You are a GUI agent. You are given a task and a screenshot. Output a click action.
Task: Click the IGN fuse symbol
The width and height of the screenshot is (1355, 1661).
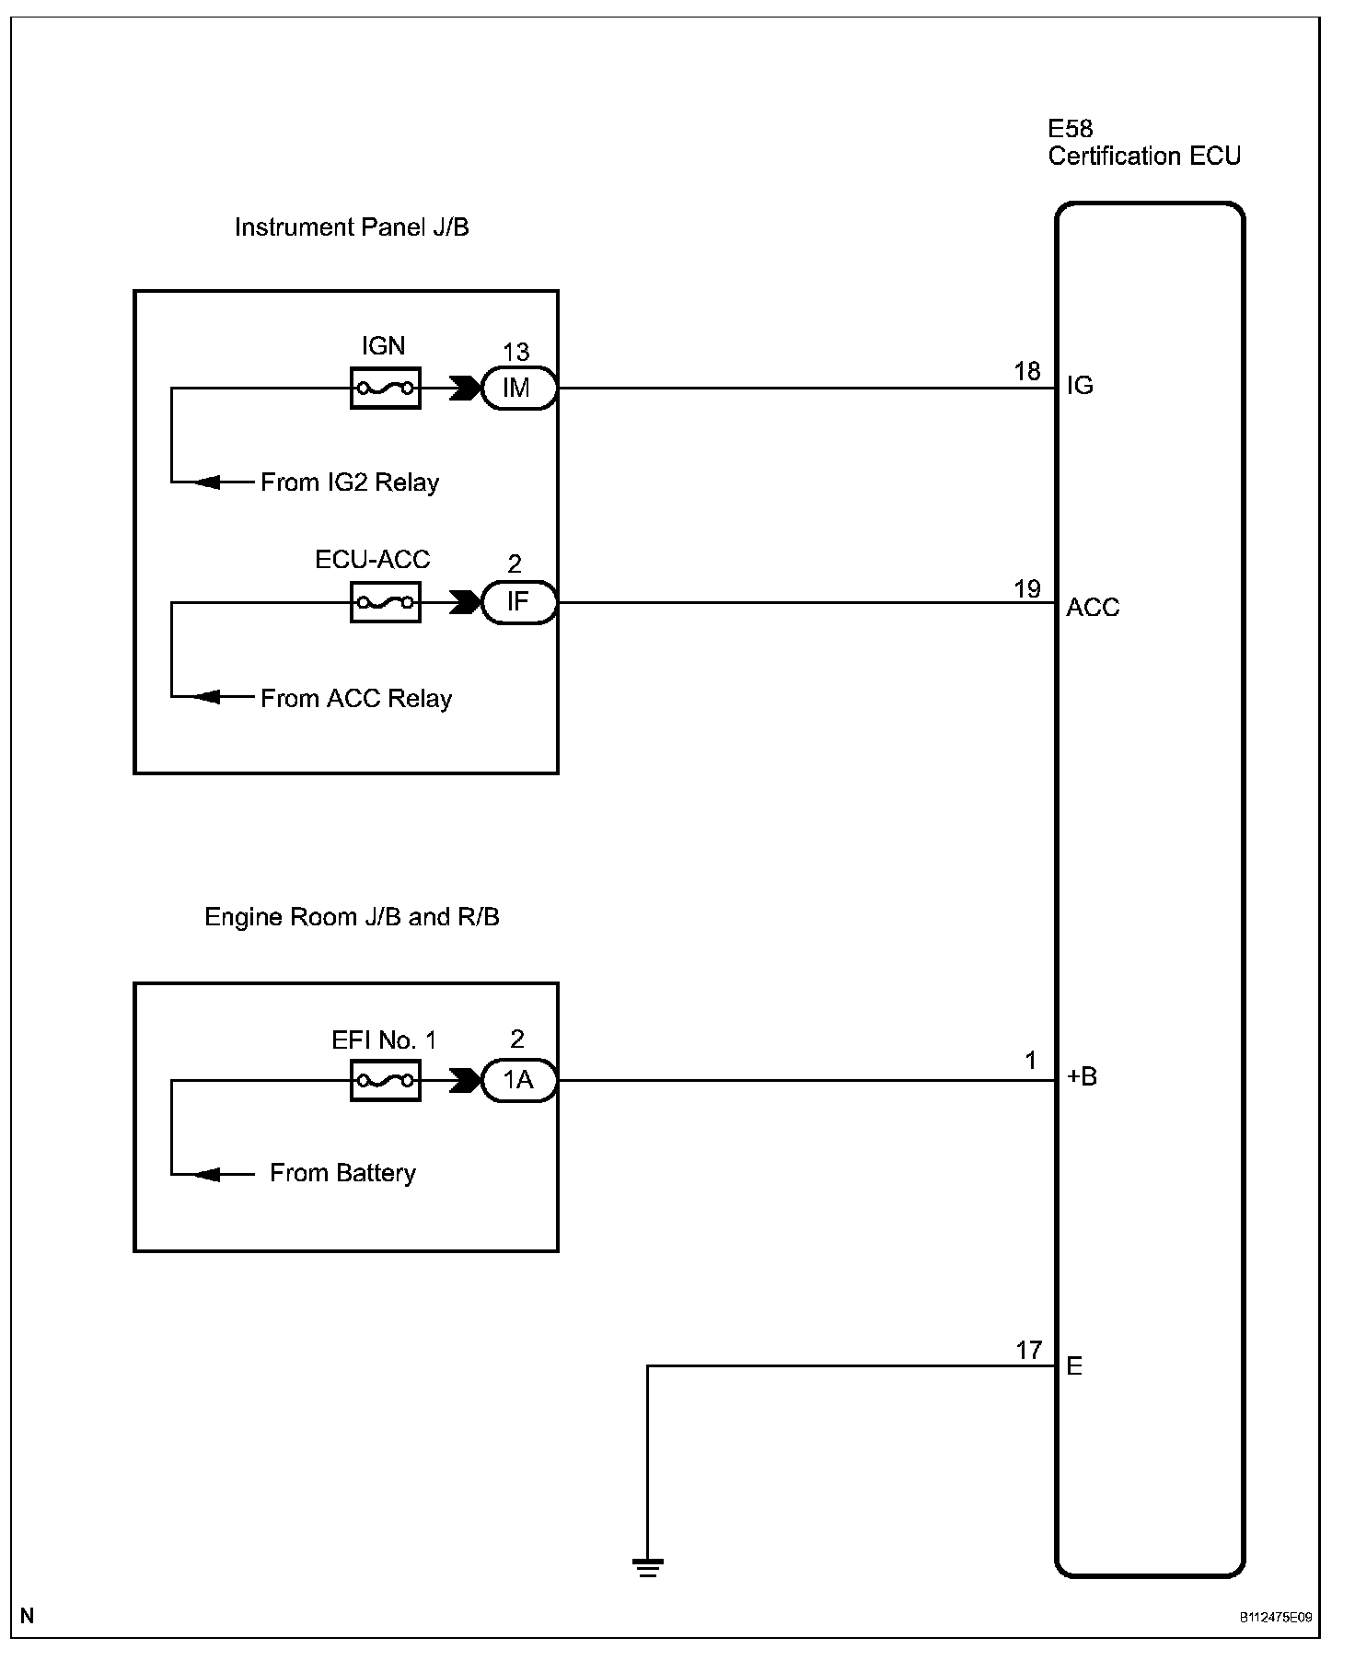(386, 389)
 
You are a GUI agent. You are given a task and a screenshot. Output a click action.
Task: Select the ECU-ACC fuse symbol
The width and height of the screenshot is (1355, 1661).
(386, 603)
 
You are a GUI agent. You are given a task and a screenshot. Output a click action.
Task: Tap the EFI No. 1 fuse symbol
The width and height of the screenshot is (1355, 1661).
(386, 1081)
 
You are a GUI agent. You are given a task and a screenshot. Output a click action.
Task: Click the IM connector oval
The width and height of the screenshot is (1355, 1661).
(519, 389)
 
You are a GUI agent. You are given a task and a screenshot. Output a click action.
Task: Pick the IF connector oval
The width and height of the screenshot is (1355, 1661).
(519, 603)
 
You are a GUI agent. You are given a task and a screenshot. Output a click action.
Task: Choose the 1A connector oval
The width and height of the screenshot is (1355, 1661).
(519, 1081)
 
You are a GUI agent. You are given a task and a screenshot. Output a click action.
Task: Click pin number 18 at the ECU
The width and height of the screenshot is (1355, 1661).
(1027, 371)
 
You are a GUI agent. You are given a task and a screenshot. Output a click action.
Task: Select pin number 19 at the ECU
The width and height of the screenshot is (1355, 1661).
(1027, 588)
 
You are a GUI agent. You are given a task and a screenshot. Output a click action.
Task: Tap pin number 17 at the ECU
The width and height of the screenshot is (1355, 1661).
(1028, 1351)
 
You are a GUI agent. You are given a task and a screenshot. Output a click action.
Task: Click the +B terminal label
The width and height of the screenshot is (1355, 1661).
(1082, 1076)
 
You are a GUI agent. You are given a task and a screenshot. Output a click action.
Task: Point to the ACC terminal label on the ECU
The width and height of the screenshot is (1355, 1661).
(1093, 608)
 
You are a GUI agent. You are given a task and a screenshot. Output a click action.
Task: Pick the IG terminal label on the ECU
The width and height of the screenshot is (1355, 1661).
(1080, 386)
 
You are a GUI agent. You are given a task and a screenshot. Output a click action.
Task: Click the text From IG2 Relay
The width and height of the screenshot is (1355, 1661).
(350, 482)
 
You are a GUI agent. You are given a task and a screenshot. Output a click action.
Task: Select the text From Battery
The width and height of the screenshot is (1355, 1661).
(342, 1173)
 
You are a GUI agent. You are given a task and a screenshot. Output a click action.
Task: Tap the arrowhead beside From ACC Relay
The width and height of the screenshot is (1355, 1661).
(207, 697)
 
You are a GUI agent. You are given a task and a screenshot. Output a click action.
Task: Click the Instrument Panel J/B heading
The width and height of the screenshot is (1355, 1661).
(352, 227)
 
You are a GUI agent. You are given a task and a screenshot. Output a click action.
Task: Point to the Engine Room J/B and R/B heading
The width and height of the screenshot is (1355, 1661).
(352, 917)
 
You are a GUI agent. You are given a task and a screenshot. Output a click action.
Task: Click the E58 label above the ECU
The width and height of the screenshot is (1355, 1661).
(1070, 129)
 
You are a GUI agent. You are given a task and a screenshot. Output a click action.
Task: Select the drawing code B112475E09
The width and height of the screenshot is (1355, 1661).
(1275, 1617)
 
